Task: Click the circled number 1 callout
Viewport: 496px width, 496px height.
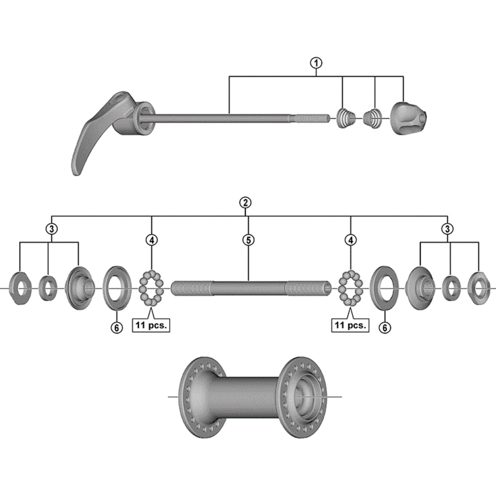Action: [x=317, y=62]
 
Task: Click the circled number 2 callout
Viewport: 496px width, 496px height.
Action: [x=246, y=203]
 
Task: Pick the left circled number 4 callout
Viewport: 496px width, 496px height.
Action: [x=151, y=239]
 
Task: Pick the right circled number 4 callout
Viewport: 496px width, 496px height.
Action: [x=351, y=239]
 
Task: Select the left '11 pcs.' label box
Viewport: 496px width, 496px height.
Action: [x=151, y=325]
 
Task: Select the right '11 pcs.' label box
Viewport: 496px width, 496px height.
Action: [x=350, y=325]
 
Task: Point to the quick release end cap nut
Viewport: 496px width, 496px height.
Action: [x=408, y=115]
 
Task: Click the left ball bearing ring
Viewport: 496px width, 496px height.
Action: [x=151, y=288]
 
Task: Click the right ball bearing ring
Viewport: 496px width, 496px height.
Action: [x=351, y=288]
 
